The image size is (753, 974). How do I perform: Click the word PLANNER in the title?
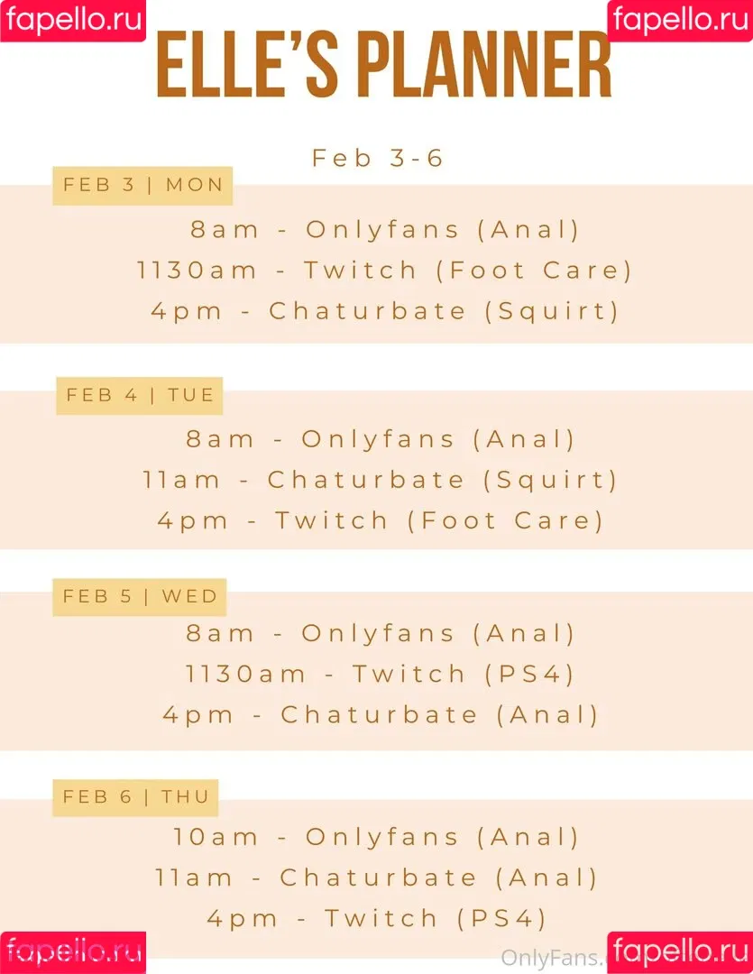pos(485,65)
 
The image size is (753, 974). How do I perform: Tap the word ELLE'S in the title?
pos(247,65)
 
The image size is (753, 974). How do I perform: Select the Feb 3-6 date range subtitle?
pos(377,158)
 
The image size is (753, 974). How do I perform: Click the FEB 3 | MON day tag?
pos(142,185)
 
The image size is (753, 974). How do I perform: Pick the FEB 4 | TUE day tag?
pos(139,395)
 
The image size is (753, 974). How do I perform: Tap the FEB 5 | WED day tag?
pos(139,596)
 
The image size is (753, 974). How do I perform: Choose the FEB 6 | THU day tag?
pos(135,797)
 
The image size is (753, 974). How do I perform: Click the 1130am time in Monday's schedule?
pos(197,271)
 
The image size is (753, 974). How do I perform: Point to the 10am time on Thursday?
pos(215,837)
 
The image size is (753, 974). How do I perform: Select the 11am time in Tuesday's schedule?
pos(181,480)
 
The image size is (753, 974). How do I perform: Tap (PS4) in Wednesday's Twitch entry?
pos(529,674)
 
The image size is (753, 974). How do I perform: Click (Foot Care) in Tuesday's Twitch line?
pos(505,520)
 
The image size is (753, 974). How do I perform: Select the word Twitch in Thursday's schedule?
pos(381,918)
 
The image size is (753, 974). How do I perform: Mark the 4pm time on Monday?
pos(187,311)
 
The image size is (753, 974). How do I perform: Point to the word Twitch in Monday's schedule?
pos(360,271)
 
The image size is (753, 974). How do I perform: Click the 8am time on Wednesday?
pos(220,634)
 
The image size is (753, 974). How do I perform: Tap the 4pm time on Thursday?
pos(242,919)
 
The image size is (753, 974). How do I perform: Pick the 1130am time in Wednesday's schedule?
pos(245,674)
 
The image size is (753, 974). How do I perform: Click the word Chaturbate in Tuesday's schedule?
pos(366,480)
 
